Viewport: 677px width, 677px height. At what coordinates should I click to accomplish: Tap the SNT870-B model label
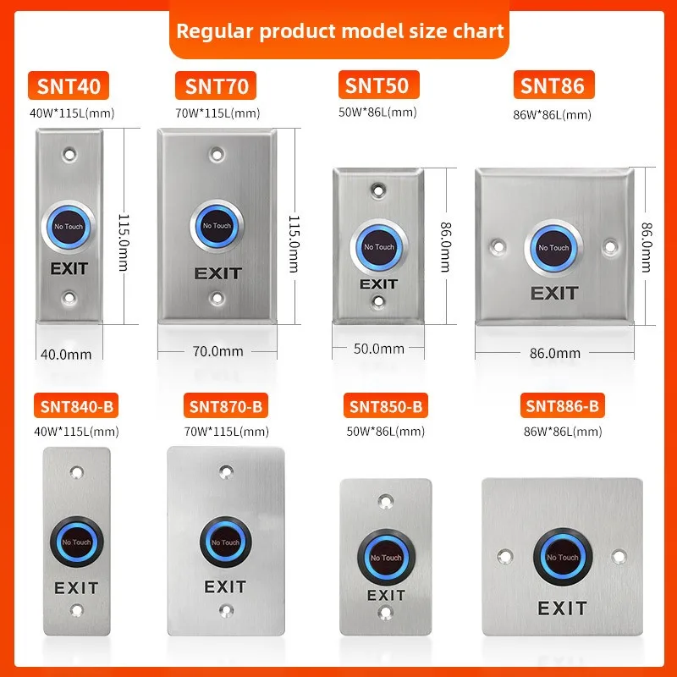224,407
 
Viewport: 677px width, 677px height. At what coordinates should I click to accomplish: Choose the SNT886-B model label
562,407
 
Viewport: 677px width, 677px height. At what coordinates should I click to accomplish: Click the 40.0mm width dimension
66,355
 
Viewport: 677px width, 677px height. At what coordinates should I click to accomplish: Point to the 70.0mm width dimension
218,350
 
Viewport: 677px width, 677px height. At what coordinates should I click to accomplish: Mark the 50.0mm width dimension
378,348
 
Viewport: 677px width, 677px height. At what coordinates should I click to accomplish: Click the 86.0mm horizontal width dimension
554,352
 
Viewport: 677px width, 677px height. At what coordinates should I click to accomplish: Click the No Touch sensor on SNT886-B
563,557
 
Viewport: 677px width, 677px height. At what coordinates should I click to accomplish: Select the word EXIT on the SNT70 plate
217,273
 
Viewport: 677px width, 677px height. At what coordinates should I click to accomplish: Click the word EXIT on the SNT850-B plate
386,596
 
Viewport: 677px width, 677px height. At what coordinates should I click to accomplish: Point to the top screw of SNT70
218,156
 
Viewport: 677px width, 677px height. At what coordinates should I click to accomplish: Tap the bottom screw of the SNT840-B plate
77,610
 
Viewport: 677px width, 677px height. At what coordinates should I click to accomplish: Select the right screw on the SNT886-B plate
619,557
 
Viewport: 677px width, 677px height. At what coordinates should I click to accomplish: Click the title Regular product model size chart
339,31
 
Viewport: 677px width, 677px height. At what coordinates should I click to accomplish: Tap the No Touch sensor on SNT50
378,247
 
